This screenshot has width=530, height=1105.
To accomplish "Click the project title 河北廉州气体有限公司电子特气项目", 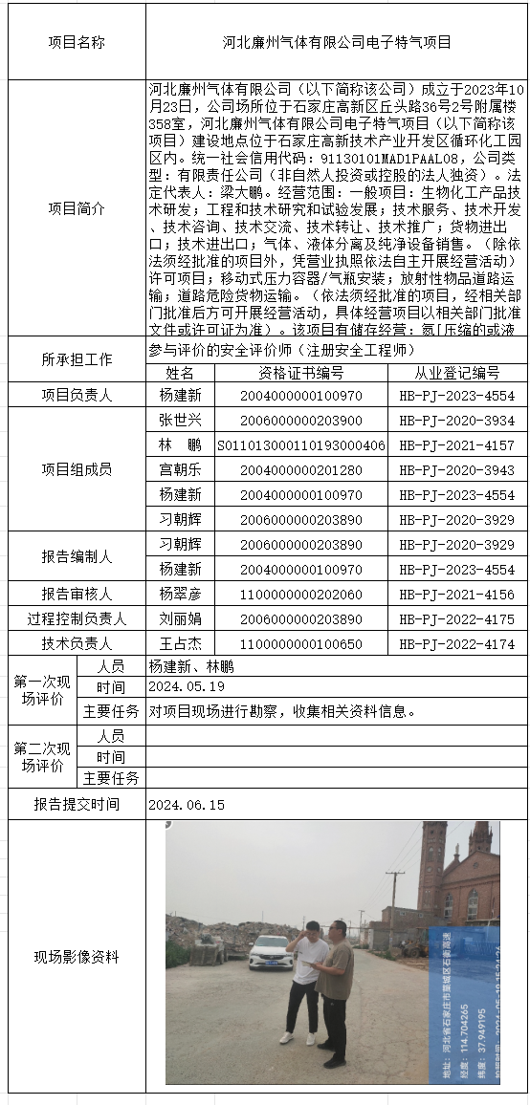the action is pos(337,43).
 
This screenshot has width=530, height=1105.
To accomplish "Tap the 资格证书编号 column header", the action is pos(301,373).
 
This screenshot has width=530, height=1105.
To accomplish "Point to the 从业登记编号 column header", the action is pos(456,373).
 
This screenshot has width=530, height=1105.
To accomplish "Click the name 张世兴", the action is pos(181,421).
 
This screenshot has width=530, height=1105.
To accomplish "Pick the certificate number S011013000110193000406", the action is pos(301,445).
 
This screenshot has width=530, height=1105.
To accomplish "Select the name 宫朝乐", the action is pos(181,470).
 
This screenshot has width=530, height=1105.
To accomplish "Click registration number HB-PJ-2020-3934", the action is pos(456,421).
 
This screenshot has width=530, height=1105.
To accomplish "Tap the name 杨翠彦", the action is pos(181,595).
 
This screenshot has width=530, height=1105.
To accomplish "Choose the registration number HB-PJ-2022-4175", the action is pos(456,619).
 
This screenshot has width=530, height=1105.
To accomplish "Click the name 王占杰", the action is pos(181,644).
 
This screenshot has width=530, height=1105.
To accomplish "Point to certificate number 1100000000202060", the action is pos(301,595).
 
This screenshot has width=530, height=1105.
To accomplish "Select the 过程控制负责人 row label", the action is pos(77,619).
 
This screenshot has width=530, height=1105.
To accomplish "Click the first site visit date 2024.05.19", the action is pos(187,687).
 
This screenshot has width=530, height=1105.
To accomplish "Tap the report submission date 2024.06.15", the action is pos(187,805).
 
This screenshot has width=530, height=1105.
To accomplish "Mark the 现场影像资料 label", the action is pos(77,957).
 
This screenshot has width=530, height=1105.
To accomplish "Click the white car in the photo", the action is pos(269,951).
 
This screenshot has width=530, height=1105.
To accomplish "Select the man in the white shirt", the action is pos(304,980).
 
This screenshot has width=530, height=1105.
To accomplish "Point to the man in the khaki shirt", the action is pos(335,989).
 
